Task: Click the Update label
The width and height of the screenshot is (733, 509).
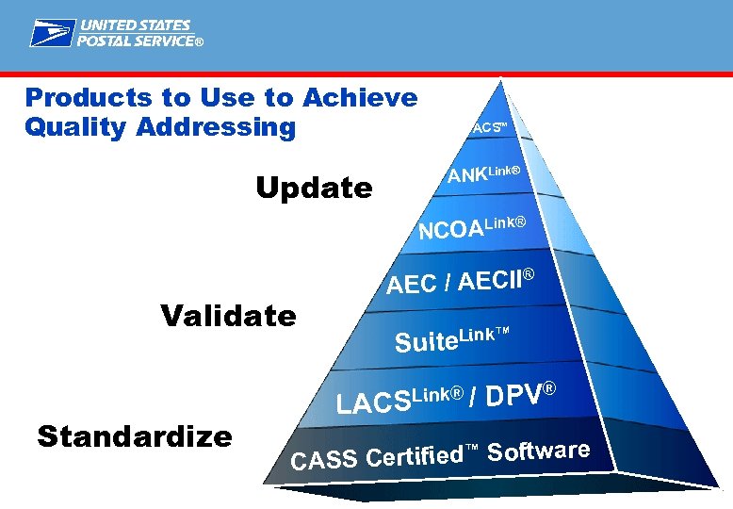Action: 314,189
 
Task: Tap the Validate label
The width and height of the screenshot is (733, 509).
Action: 228,315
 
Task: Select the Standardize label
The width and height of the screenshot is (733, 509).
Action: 134,436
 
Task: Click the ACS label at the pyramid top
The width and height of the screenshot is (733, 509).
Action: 489,127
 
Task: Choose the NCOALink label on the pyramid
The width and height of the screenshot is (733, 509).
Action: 470,228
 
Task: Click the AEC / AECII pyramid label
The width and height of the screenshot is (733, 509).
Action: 460,281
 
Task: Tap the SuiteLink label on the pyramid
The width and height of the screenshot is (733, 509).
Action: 451,338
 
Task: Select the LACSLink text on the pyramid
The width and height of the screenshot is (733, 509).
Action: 399,401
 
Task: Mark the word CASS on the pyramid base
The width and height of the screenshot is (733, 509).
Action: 324,461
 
